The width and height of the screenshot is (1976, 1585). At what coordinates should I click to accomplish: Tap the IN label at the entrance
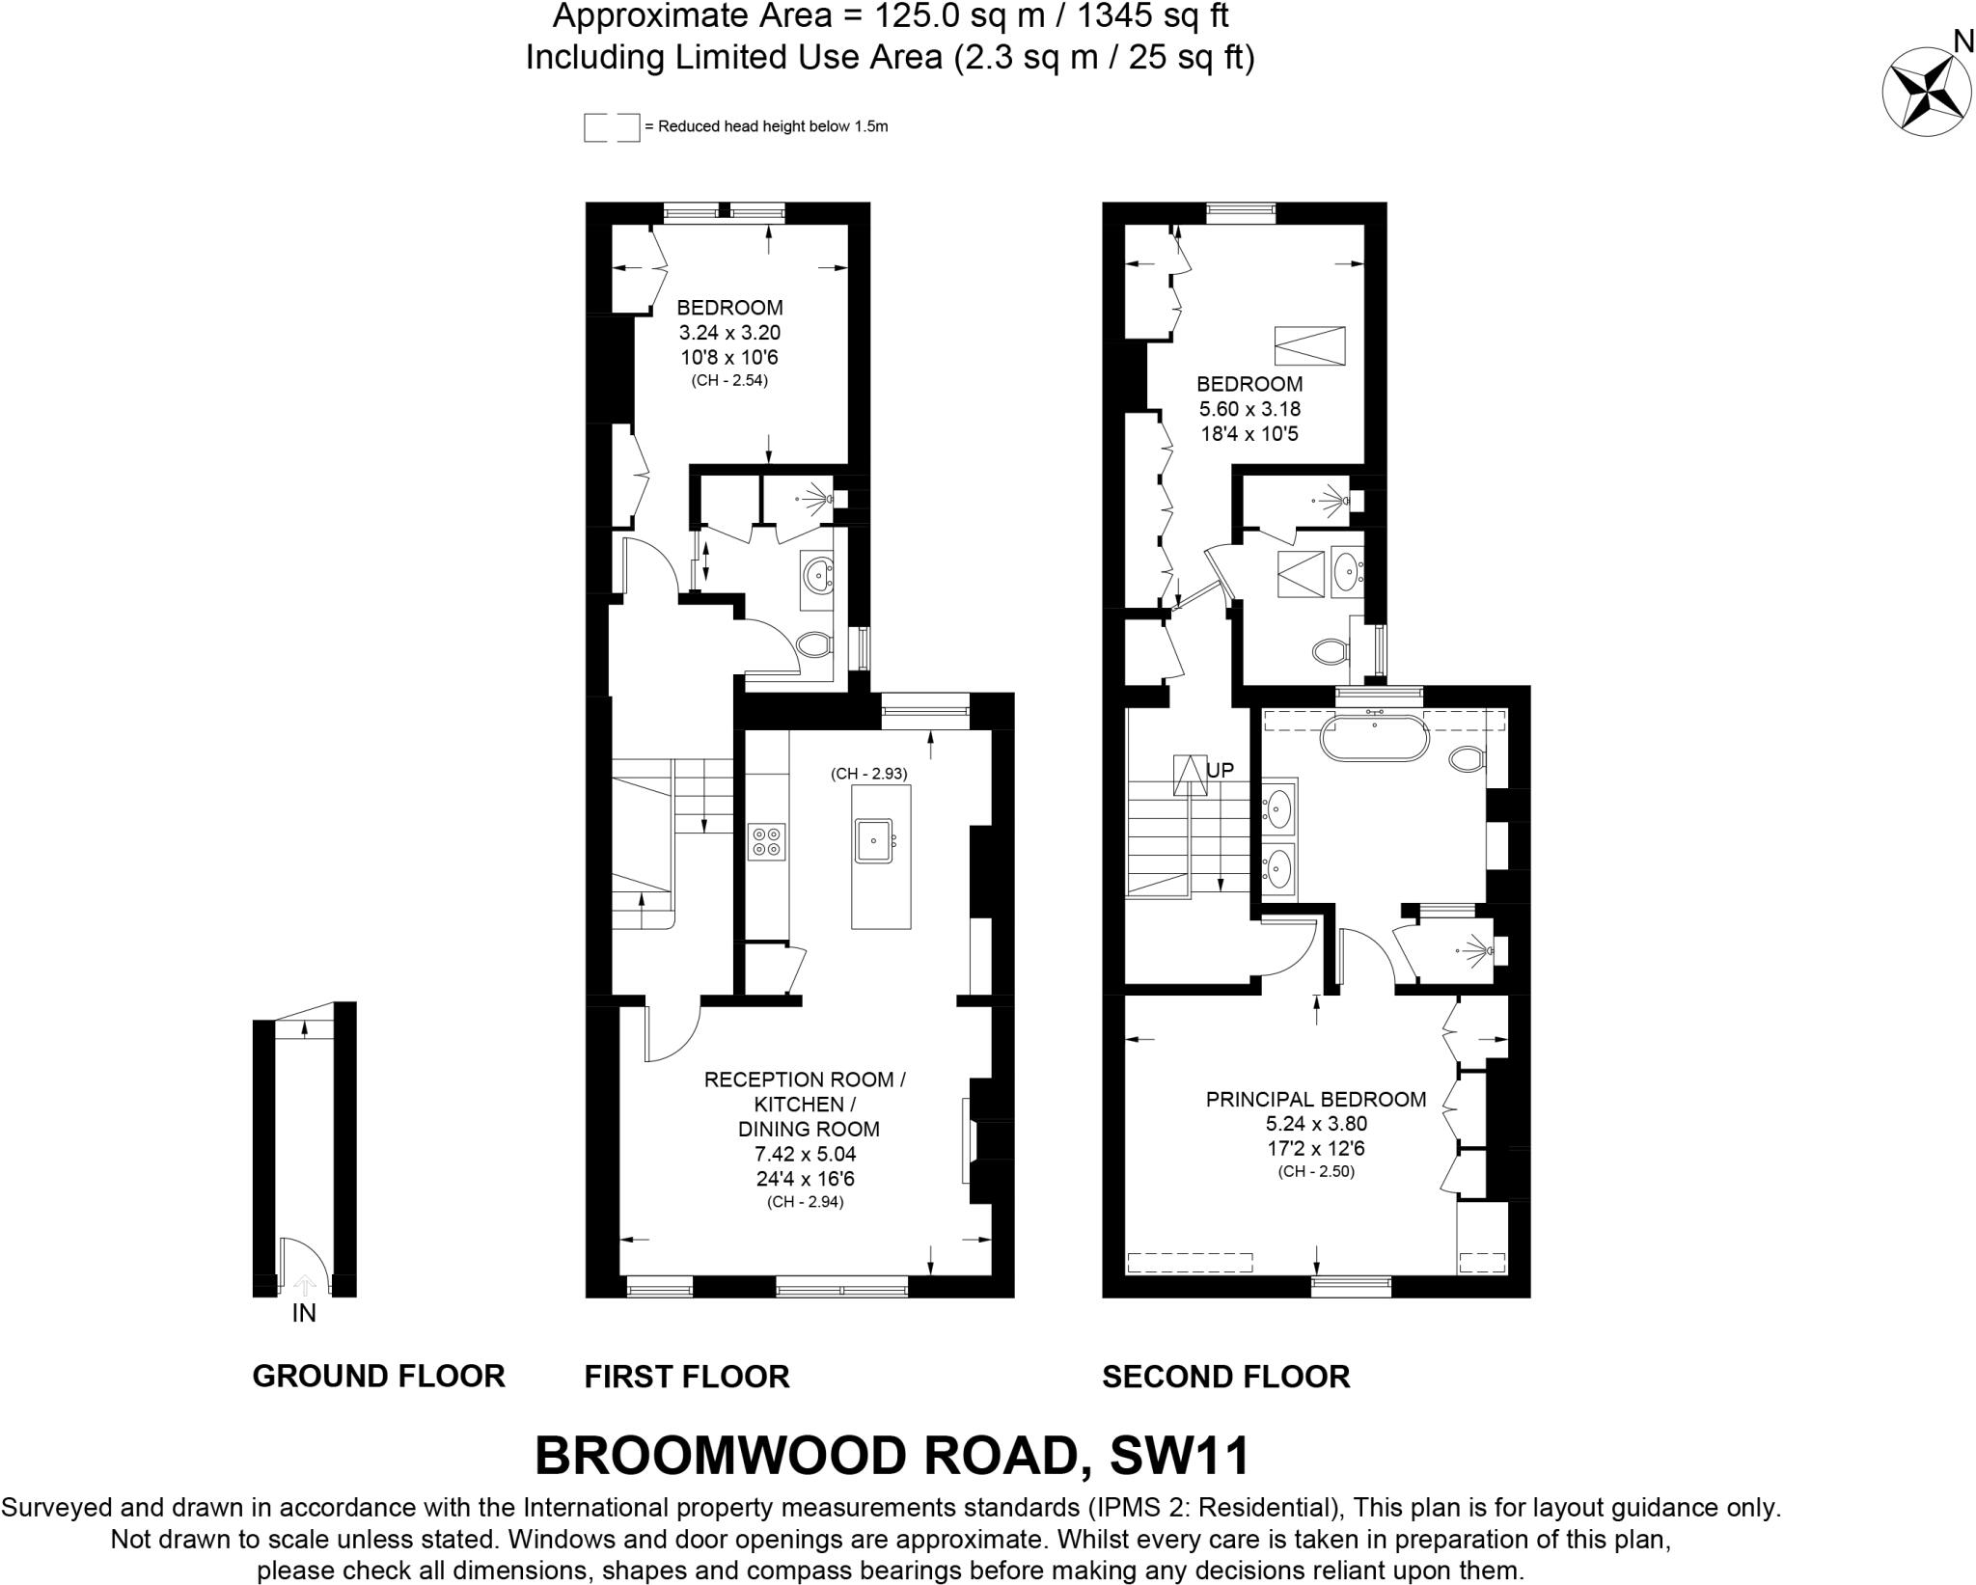(304, 1313)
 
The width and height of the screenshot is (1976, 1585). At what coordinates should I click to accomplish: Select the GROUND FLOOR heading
(378, 1376)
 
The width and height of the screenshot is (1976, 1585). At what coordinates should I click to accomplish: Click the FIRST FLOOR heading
(687, 1376)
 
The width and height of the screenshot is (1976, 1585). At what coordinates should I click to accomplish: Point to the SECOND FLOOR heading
(1225, 1376)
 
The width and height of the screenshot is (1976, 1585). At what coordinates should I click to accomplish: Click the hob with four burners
(767, 840)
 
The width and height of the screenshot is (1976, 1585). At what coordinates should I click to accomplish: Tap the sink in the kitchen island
(876, 839)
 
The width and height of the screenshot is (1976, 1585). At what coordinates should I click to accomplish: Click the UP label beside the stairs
(1220, 771)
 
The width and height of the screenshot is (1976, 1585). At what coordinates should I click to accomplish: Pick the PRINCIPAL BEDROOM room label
(1316, 1099)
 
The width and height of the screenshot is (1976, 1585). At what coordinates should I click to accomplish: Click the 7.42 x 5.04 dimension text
(805, 1154)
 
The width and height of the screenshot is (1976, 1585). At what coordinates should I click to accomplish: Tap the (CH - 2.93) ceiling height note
(868, 773)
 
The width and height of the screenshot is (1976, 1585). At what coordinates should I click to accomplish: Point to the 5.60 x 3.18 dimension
(1249, 409)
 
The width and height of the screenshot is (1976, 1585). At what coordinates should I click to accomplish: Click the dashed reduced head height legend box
(612, 127)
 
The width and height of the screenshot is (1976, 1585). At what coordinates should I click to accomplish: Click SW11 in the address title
(1180, 1456)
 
